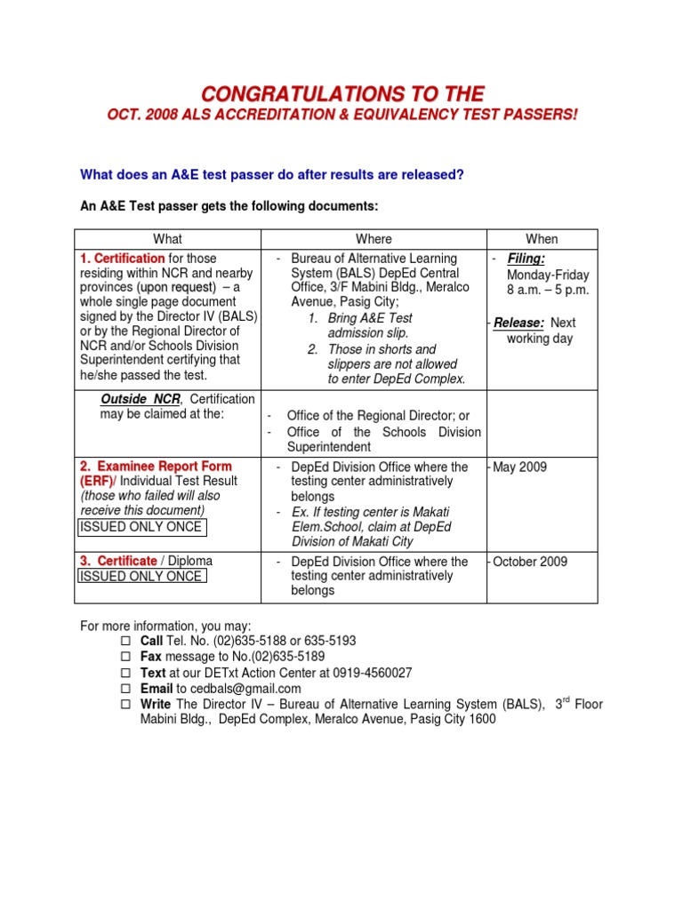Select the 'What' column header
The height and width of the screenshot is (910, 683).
click(167, 239)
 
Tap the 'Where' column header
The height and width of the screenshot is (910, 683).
click(374, 239)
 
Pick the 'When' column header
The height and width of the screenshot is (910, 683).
click(542, 239)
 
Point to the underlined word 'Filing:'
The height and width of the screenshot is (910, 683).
click(526, 259)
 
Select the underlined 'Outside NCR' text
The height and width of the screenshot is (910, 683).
click(140, 399)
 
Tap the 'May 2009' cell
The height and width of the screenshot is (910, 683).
click(519, 467)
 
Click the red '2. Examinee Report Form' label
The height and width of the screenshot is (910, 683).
click(156, 467)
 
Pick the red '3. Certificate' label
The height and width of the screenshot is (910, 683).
click(119, 562)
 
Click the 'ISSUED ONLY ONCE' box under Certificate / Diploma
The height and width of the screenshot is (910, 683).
click(141, 577)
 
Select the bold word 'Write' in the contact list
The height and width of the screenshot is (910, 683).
click(157, 705)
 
